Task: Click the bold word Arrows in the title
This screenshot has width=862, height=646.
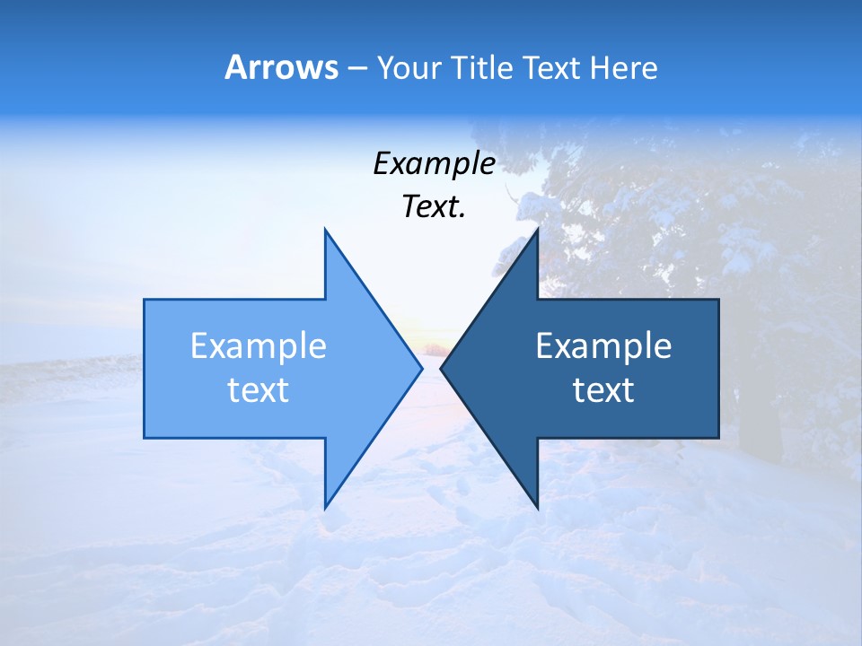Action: point(280,67)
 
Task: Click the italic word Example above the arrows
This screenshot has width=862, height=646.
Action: point(434,163)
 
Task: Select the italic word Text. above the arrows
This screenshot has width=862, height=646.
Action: point(434,206)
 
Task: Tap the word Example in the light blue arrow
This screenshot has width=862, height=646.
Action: point(259,346)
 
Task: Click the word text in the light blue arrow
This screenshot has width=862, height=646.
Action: point(259,390)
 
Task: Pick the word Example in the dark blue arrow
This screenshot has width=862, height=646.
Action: point(603,346)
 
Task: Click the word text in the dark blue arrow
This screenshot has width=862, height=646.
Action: point(603,390)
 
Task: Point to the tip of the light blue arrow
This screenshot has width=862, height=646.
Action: point(421,368)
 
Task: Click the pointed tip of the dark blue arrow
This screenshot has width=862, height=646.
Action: point(441,368)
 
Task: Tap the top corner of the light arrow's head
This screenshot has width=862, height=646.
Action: point(325,230)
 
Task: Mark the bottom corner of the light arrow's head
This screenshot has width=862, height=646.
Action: point(325,508)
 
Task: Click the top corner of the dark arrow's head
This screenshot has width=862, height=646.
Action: point(537,230)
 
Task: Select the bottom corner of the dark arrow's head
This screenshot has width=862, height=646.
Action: point(537,508)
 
